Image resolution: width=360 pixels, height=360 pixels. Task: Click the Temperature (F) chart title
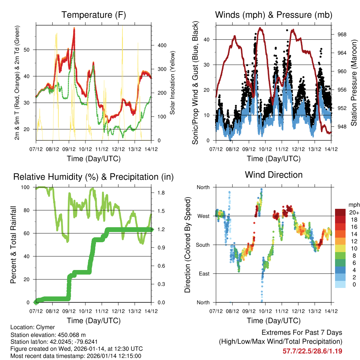point(93,15)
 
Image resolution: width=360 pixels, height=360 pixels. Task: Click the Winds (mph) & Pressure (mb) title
point(274,15)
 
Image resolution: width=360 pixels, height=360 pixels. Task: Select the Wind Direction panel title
point(274,175)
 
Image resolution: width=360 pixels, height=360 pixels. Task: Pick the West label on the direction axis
point(203,216)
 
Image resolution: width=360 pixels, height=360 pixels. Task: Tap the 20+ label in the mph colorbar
point(354,212)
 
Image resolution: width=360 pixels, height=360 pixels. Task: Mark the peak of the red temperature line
point(74,28)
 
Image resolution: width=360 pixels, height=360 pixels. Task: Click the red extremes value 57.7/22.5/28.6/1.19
point(312,351)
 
